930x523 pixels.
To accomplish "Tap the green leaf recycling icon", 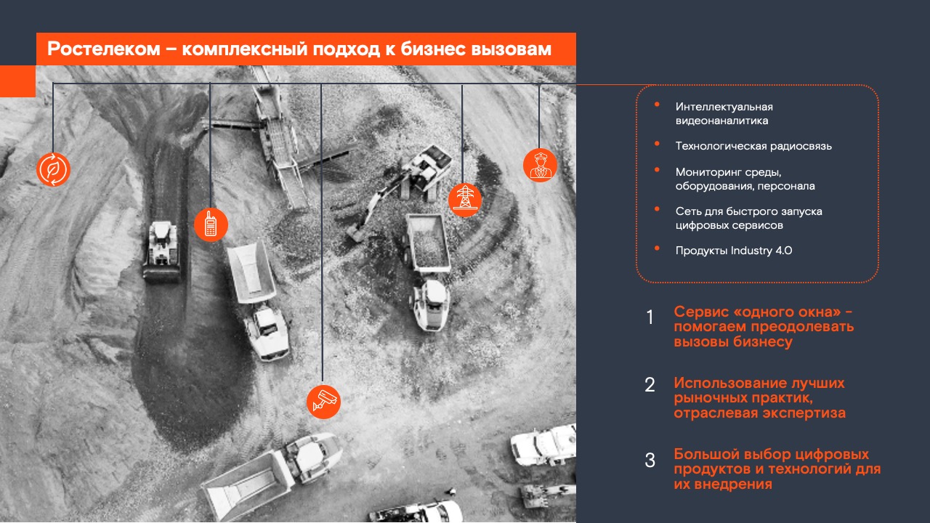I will coord(53,169).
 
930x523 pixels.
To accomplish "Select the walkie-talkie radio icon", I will coord(211,224).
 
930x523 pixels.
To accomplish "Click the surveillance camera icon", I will coord(323,402).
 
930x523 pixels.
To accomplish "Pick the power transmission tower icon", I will coord(464,199).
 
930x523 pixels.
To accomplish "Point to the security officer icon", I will coord(540,166).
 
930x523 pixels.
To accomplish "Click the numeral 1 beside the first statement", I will coord(650,317).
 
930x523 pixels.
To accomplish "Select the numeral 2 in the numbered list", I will coord(650,385).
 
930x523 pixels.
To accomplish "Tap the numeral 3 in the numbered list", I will coord(650,461).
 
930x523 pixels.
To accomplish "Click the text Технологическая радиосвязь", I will coord(753,146).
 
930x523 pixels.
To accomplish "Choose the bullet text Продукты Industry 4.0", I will coord(733,251).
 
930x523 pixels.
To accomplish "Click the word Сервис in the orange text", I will coord(698,312).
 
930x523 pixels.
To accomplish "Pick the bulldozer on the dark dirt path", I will coord(161,251).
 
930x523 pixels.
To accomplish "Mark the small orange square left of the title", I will coord(17,81).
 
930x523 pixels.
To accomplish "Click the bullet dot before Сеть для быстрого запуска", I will coord(658,209).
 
